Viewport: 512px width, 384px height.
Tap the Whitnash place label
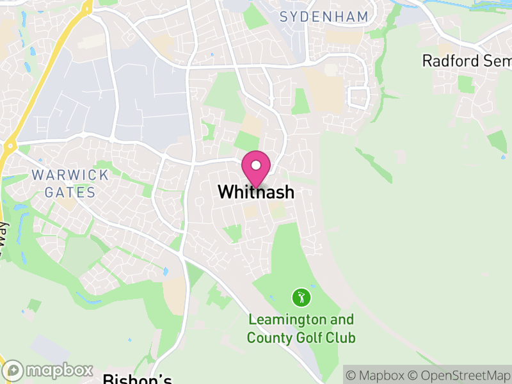(x=256, y=192)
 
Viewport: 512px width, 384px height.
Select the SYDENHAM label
(x=324, y=17)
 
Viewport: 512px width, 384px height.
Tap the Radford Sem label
(x=467, y=61)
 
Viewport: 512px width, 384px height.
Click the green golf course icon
(x=301, y=297)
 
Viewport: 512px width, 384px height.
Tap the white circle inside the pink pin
(x=256, y=165)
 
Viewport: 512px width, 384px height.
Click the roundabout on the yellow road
(x=9, y=147)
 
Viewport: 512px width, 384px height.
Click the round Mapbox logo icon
(x=13, y=371)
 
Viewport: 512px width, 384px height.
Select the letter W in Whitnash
(x=225, y=192)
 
